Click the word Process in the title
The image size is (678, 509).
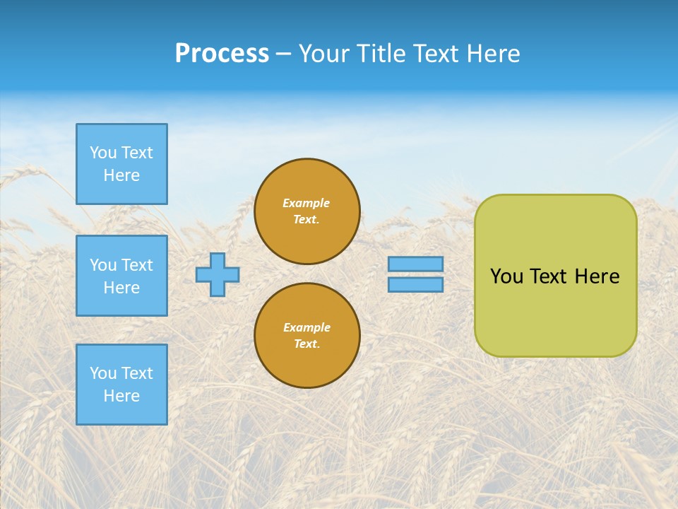[x=222, y=54]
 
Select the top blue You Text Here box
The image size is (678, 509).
[x=121, y=164]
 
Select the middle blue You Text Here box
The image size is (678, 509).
[x=121, y=276]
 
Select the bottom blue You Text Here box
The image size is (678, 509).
[x=121, y=385]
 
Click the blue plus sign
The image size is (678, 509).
[x=218, y=275]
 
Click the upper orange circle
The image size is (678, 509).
[x=307, y=211]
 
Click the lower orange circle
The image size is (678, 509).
[x=307, y=336]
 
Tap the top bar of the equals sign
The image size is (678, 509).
[x=415, y=264]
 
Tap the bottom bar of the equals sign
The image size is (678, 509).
[x=415, y=284]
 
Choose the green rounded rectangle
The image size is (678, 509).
[x=555, y=311]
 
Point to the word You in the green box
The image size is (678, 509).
[x=506, y=276]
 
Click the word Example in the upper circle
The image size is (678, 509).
[x=307, y=203]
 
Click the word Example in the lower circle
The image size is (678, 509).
[x=307, y=327]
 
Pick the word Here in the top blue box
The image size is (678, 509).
[x=121, y=175]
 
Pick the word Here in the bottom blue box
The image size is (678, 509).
[x=121, y=396]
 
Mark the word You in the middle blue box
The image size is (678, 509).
[x=103, y=265]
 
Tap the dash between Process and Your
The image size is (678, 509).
[x=284, y=54]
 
